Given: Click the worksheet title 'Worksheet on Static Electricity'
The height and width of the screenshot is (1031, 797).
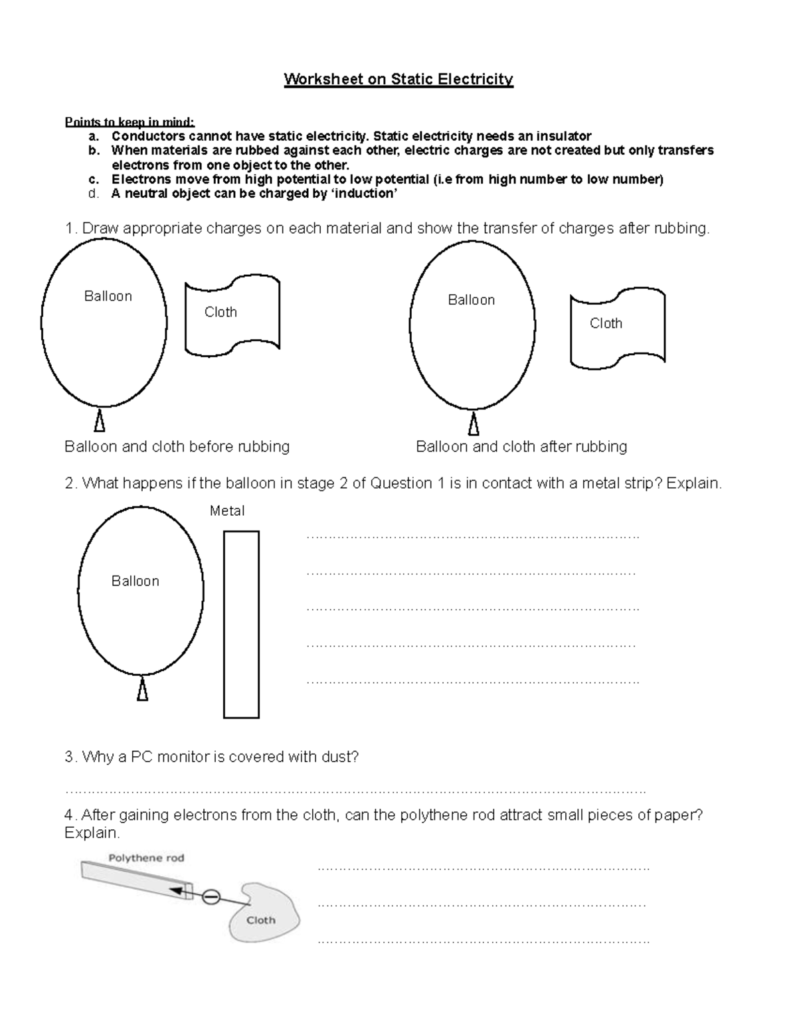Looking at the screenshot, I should (398, 80).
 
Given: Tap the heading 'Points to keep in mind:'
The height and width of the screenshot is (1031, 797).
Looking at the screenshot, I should (130, 121).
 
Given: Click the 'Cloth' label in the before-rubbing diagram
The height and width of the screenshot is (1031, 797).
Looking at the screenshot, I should (221, 312).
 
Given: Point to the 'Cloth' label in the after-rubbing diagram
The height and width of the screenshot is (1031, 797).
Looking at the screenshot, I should (606, 323).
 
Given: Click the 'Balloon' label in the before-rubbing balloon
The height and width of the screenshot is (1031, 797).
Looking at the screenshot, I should (108, 296).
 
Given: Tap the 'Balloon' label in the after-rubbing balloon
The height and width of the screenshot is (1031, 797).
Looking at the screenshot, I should (471, 300).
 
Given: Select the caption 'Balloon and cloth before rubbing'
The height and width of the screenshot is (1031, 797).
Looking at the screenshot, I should (177, 446).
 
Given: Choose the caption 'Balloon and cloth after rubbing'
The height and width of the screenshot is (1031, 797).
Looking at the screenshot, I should (521, 446).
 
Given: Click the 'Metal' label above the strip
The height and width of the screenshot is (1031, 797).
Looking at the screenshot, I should (227, 511).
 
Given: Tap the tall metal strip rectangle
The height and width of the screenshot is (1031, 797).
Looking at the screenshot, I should (241, 624).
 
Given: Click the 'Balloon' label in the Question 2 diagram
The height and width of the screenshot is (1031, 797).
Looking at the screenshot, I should (135, 581).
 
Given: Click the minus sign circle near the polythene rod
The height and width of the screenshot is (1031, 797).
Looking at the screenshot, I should (211, 898).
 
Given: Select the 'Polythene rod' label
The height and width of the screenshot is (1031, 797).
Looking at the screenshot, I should (146, 858).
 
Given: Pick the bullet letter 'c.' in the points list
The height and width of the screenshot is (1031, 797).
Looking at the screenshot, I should (94, 179).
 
